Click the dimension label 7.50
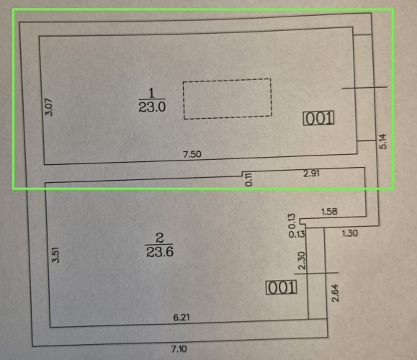(192, 154)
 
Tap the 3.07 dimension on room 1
(50, 107)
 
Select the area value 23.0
(152, 107)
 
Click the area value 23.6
(160, 251)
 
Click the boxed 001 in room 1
(318, 119)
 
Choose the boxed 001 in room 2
(282, 287)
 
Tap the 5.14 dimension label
(382, 141)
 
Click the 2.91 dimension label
(311, 174)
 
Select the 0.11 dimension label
(248, 179)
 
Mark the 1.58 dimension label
(329, 212)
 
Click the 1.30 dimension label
(350, 233)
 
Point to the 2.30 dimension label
(302, 261)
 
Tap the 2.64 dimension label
(336, 293)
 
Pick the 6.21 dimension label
(181, 318)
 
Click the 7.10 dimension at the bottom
(179, 348)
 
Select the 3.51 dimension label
(56, 255)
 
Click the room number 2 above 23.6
(159, 238)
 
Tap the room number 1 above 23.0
(151, 94)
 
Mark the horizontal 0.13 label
(297, 234)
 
